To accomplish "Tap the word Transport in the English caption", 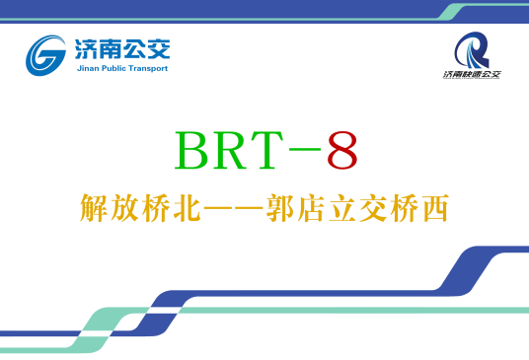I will point(149,69).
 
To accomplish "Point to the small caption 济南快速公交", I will point(471,75).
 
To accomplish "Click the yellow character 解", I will point(95,210).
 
